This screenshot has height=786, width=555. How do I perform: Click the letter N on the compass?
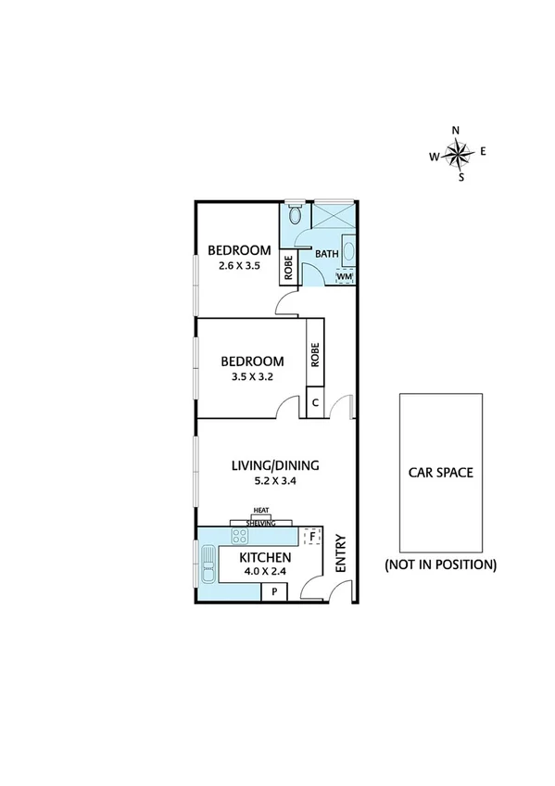click(x=456, y=130)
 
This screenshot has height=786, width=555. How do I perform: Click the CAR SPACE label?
click(x=441, y=472)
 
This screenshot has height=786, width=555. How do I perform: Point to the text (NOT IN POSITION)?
click(x=441, y=564)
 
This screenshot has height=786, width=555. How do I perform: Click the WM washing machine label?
click(x=344, y=276)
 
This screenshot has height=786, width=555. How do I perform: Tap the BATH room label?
click(x=327, y=254)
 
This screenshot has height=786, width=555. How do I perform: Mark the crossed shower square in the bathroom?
click(x=332, y=216)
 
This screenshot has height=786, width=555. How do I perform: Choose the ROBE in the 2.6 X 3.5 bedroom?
click(x=288, y=268)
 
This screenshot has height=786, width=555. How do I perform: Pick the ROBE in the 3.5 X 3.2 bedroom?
click(x=315, y=355)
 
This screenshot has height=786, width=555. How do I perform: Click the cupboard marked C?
click(x=315, y=403)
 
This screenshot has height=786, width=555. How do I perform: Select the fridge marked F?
click(x=312, y=536)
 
